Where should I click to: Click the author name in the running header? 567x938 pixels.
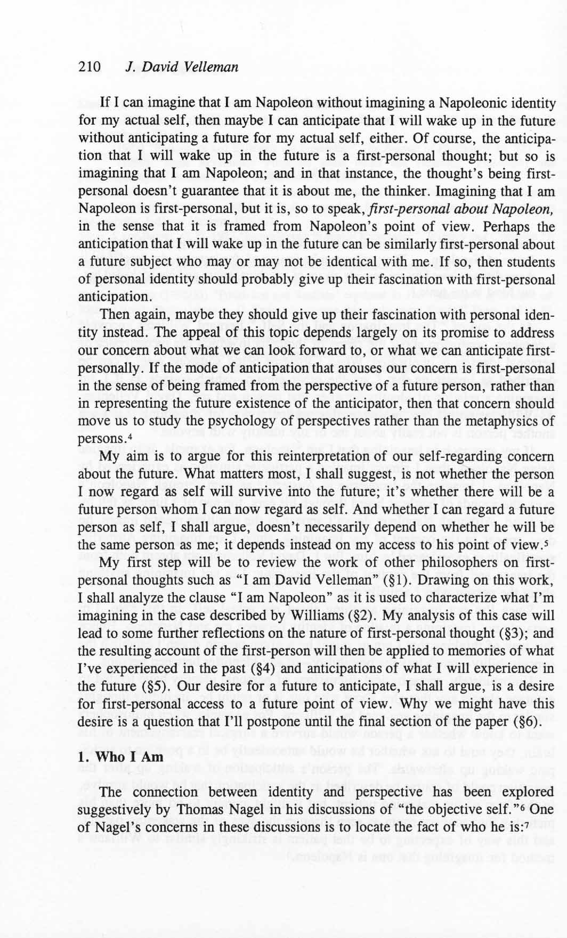[x=181, y=67]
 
